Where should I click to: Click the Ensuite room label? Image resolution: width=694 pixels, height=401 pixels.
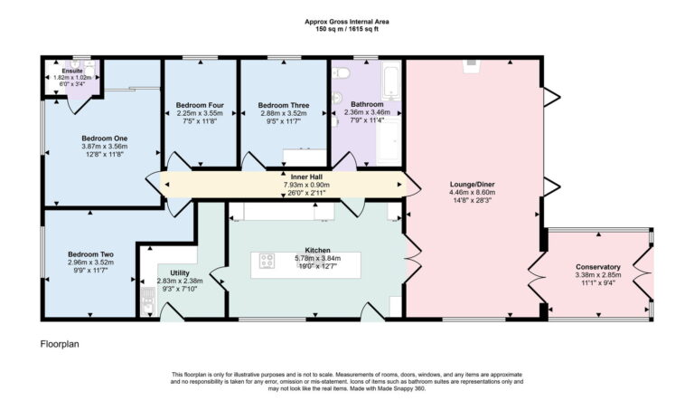click(x=72, y=69)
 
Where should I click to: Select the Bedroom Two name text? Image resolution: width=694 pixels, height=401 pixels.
click(x=90, y=254)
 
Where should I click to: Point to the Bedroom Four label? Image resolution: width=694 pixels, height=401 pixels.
click(x=199, y=105)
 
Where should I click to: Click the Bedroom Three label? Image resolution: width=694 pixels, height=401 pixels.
click(x=284, y=105)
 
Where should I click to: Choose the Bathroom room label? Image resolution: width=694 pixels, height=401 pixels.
click(x=367, y=105)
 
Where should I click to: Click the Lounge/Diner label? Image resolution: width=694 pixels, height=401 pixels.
click(x=473, y=184)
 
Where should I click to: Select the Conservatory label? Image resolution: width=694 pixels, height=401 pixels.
click(x=598, y=267)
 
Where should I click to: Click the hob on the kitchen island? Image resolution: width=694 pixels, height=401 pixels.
click(x=268, y=262)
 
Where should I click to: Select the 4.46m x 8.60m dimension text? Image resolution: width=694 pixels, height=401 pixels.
click(x=473, y=192)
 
